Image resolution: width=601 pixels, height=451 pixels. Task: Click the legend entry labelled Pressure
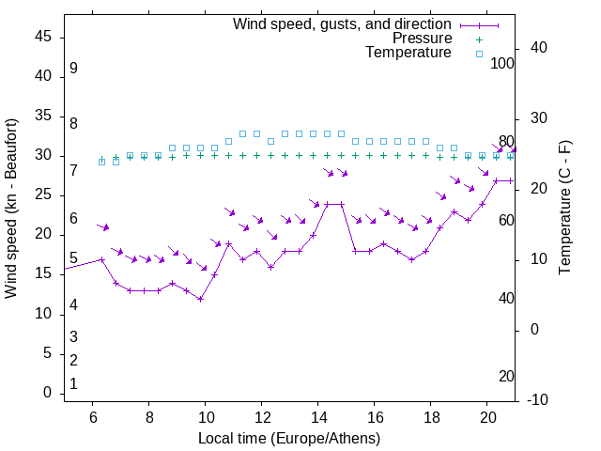[423, 39]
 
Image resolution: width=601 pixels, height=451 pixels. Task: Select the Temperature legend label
[408, 53]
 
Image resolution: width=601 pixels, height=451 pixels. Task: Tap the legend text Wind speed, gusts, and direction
[343, 24]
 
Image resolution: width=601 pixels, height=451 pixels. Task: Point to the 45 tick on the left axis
[43, 37]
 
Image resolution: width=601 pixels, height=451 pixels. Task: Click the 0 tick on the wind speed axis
[47, 393]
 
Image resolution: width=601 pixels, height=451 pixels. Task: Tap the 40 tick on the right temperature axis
[539, 48]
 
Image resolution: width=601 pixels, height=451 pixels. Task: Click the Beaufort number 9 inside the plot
[73, 69]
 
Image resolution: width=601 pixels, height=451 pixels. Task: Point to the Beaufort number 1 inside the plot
[73, 384]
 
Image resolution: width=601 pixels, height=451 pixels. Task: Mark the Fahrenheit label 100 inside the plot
[503, 64]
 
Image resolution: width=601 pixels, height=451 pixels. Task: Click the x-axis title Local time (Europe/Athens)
[289, 438]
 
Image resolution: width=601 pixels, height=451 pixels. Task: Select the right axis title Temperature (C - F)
[564, 208]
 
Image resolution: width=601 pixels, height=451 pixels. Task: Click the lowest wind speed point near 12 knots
[200, 299]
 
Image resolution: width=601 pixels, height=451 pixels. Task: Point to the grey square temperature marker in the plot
[270, 142]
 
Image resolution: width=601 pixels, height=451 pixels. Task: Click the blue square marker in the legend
[478, 54]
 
